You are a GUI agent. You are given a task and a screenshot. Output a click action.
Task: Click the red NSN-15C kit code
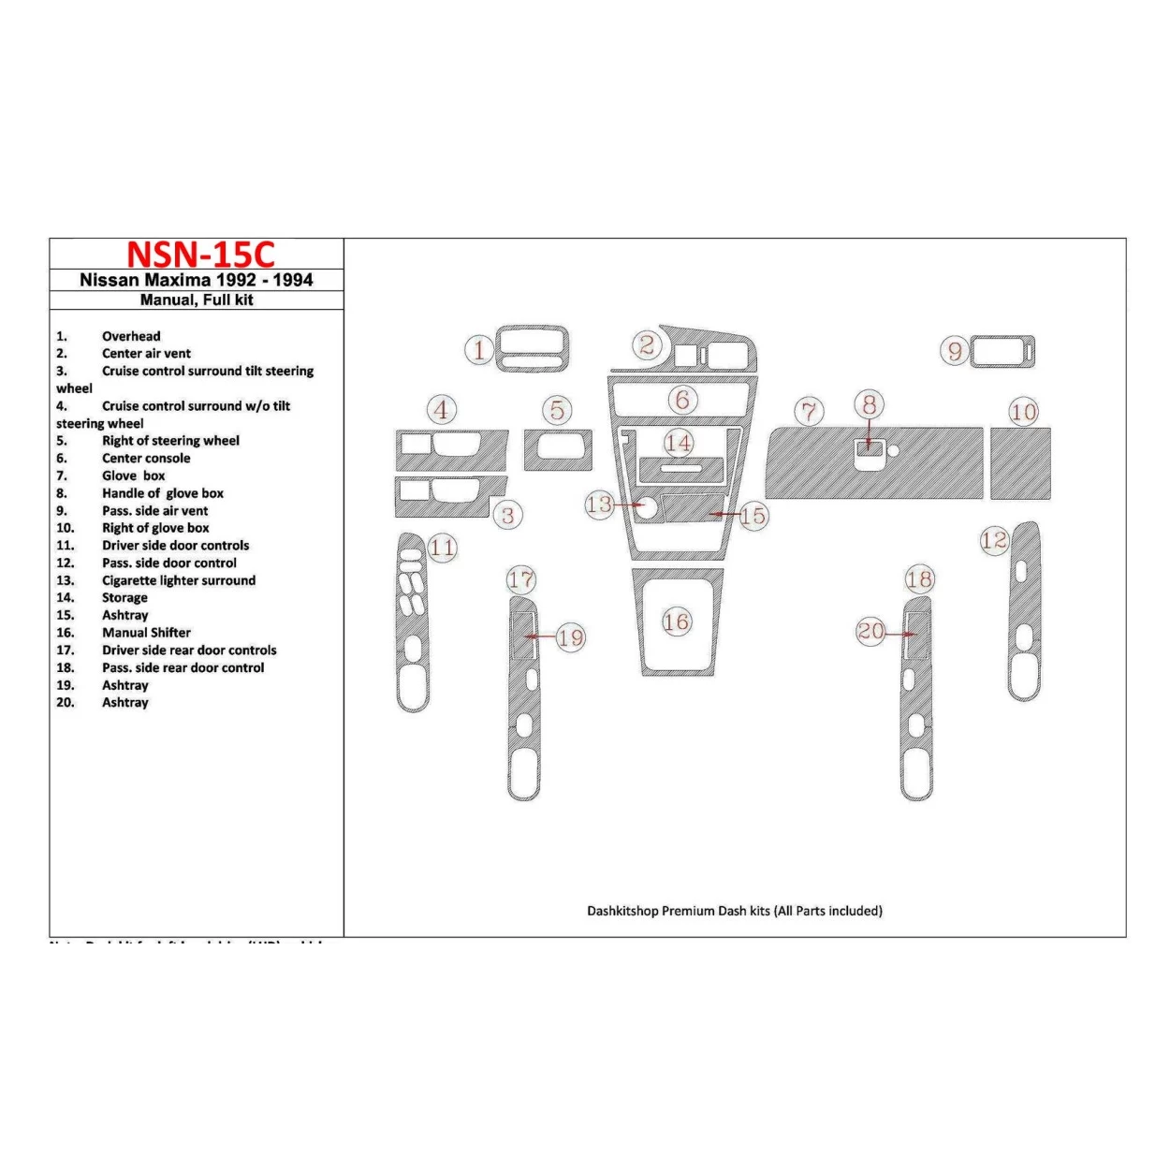(200, 255)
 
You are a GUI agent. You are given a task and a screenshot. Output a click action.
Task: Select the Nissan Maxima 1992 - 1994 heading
(197, 280)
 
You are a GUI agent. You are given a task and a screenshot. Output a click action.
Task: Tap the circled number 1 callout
(479, 350)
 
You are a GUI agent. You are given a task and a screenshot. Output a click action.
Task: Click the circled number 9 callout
(954, 351)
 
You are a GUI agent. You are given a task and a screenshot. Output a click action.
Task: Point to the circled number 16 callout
(676, 622)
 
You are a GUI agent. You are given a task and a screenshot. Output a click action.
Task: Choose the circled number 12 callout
(994, 540)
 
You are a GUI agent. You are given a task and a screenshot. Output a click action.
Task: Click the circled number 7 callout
(809, 411)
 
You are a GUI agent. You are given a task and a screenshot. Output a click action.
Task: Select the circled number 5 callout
(557, 410)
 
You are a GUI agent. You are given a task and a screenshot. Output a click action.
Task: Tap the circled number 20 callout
(870, 632)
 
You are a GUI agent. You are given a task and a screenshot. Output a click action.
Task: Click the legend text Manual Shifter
(146, 633)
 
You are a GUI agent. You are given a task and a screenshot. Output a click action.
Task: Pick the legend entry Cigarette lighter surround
(178, 580)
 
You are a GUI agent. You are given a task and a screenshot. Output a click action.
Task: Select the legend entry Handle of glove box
(162, 493)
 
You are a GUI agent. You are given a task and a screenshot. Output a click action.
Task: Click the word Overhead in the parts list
(131, 336)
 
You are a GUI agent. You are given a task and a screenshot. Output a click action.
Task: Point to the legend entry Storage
(124, 598)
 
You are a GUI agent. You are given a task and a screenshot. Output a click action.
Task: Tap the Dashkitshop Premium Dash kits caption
(734, 911)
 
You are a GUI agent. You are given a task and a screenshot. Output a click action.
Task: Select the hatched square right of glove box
(1020, 464)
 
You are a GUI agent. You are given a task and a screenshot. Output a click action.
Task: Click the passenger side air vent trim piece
(1002, 352)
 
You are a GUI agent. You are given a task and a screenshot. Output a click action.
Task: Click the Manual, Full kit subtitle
(197, 300)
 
